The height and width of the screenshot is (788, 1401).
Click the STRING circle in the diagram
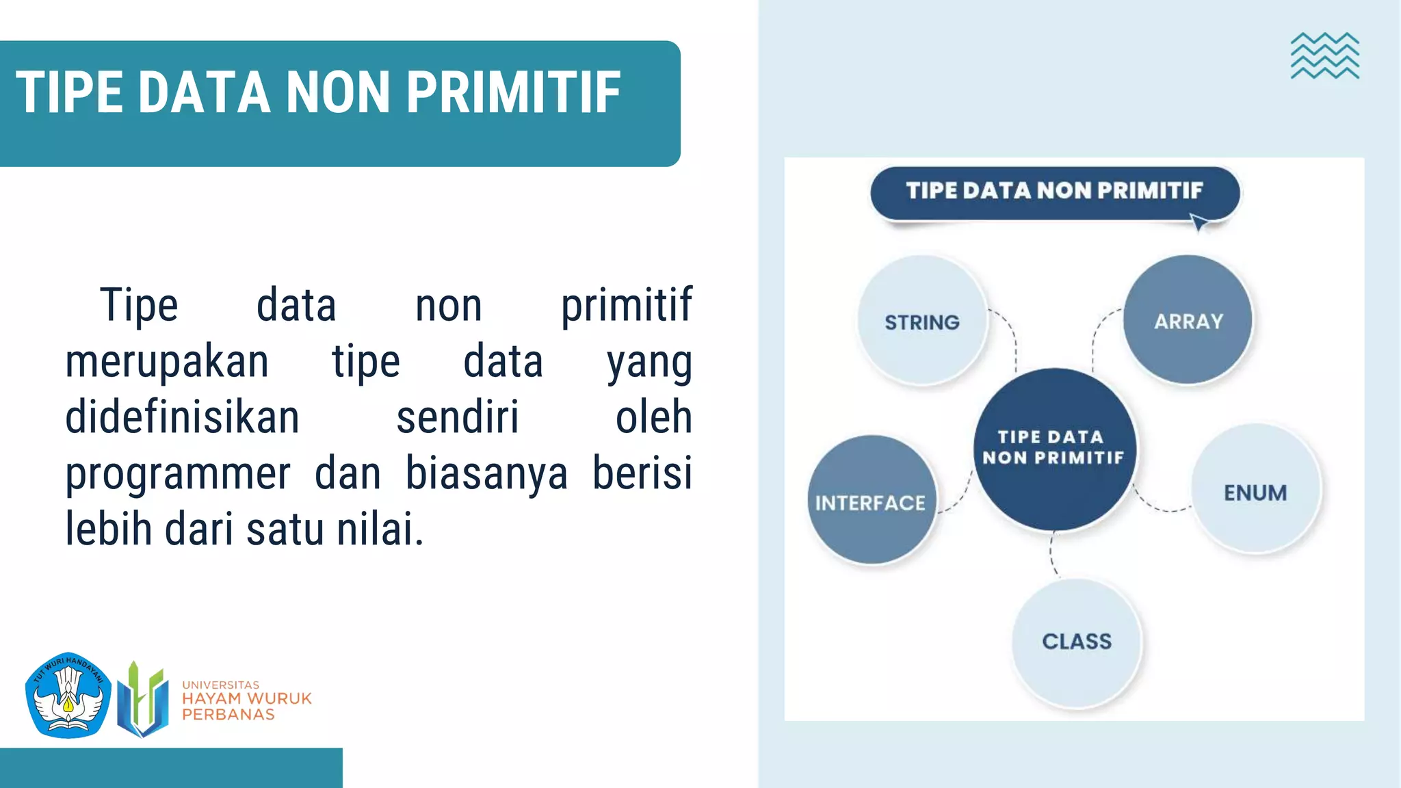point(922,320)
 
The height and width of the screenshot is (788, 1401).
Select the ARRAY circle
point(1188,319)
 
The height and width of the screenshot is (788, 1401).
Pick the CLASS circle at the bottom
point(1077,641)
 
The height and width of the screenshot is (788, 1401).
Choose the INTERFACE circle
point(872,500)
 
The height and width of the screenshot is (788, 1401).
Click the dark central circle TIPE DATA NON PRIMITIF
point(1054,449)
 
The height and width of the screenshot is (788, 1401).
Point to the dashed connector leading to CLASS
point(1053,554)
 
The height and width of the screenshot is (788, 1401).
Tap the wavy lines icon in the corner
point(1324,56)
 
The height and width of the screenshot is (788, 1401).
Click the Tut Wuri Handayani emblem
point(68,695)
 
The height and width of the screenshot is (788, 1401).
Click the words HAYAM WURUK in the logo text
point(246,699)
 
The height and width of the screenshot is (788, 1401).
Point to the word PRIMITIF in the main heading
point(514,93)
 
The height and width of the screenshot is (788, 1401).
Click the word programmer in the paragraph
point(178,474)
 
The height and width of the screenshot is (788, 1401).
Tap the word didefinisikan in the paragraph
point(182,418)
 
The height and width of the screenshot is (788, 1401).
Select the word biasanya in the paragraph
point(486,474)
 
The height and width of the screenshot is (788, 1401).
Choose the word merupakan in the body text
point(167,362)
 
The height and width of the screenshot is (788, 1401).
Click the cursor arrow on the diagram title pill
point(1199,222)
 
